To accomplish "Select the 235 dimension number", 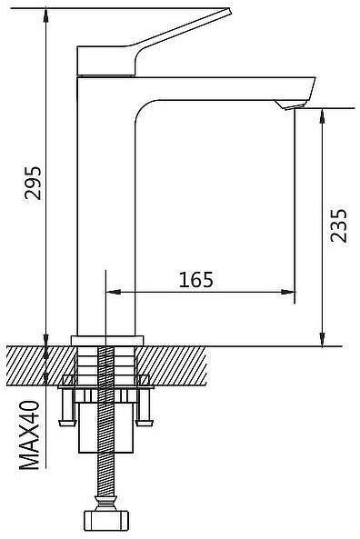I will pyautogui.click(x=338, y=226).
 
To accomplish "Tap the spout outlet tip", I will pyautogui.click(x=296, y=107).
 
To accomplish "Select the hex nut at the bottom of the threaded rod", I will pyautogui.click(x=107, y=521).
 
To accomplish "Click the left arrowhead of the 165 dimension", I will pyautogui.click(x=112, y=294).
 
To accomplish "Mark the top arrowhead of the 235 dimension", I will pyautogui.click(x=322, y=114).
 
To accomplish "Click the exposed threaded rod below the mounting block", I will pyautogui.click(x=107, y=477).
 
